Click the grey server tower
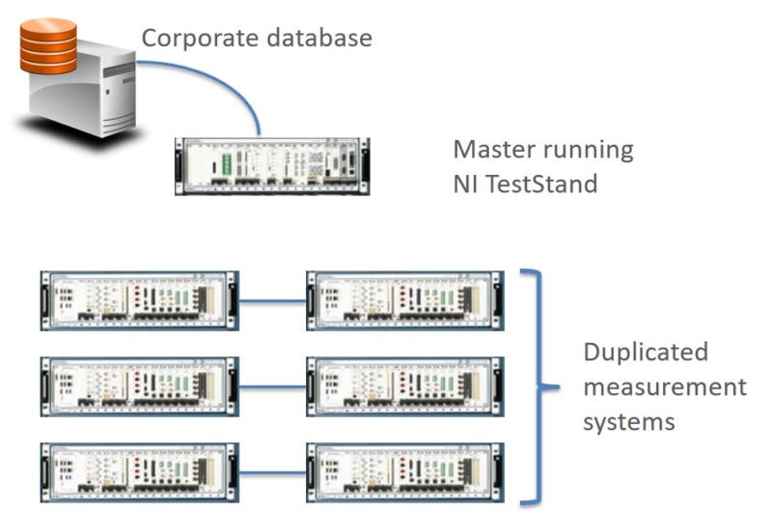(x=82, y=97)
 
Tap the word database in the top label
(x=324, y=39)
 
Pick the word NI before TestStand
(x=467, y=182)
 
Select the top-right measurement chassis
(x=404, y=299)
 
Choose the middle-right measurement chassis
(x=404, y=386)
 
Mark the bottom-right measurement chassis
(x=404, y=473)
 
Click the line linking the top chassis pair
(x=272, y=300)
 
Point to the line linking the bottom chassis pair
(x=272, y=473)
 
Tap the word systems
(x=627, y=422)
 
